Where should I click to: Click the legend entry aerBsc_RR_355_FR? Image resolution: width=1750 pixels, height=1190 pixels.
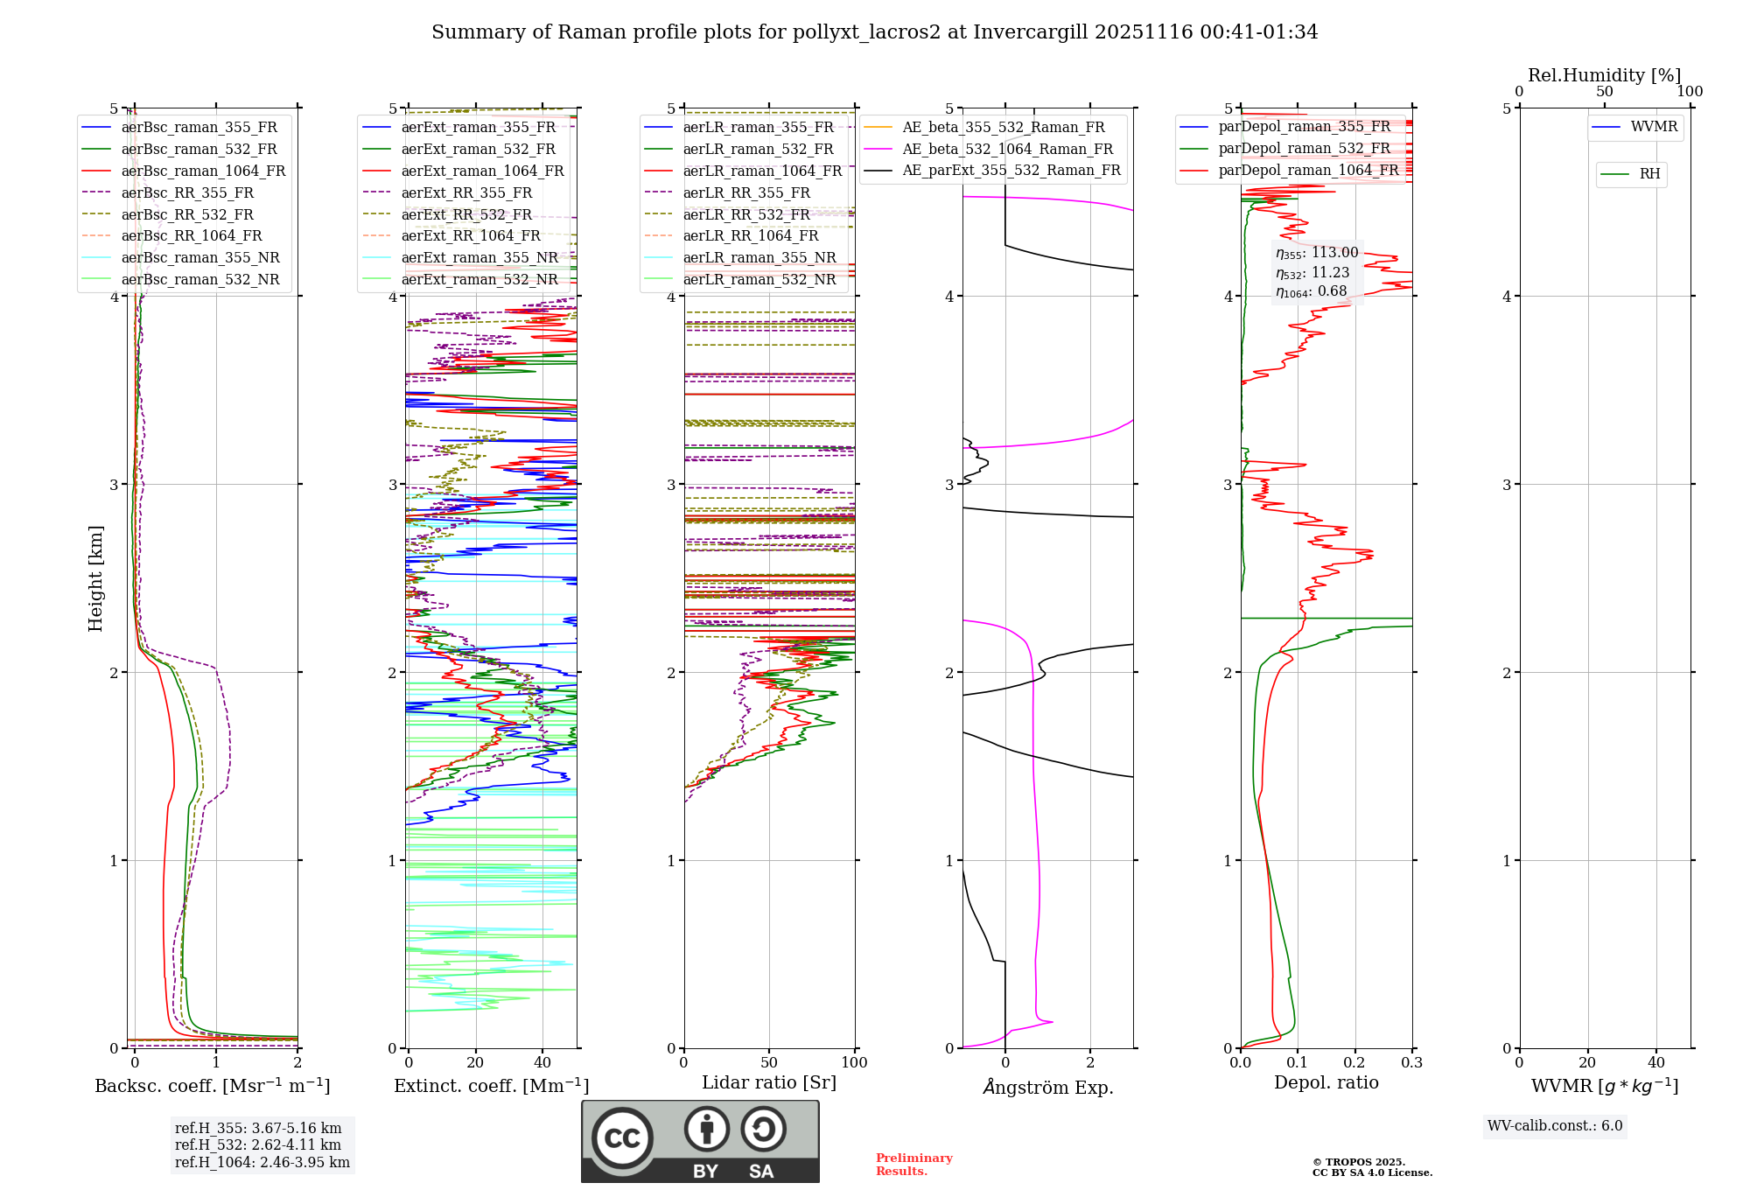point(187,192)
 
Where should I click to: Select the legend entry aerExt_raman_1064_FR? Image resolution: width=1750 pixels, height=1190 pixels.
point(482,171)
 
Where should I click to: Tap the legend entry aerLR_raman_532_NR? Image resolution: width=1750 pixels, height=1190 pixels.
point(759,279)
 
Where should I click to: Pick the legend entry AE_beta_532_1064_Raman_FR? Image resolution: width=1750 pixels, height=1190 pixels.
point(1007,149)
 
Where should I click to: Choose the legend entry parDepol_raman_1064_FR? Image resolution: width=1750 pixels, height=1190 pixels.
point(1308,170)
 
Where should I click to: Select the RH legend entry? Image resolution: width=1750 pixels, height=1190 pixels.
point(1649,173)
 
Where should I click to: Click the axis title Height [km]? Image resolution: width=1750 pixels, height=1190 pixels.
point(95,578)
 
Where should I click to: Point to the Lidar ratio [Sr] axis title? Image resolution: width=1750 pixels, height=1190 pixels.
point(769,1082)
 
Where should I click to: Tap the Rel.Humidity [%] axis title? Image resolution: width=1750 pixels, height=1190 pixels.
point(1604,75)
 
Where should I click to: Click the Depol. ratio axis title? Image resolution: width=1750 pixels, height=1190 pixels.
point(1326,1082)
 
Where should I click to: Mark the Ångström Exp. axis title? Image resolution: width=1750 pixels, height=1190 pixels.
point(1047,1087)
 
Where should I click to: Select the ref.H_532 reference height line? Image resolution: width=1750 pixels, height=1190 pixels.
point(258,1144)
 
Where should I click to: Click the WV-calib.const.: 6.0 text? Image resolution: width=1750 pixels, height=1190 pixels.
point(1555,1126)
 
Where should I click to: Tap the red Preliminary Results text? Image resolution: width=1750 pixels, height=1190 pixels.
point(913,1164)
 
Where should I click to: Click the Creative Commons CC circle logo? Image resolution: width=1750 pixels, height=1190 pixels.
point(622,1137)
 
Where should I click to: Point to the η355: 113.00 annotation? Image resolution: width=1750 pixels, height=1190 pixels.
point(1317,253)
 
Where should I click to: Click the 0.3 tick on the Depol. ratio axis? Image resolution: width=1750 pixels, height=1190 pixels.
point(1411,1063)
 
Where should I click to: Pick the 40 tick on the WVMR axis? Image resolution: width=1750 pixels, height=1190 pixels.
point(1656,1063)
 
